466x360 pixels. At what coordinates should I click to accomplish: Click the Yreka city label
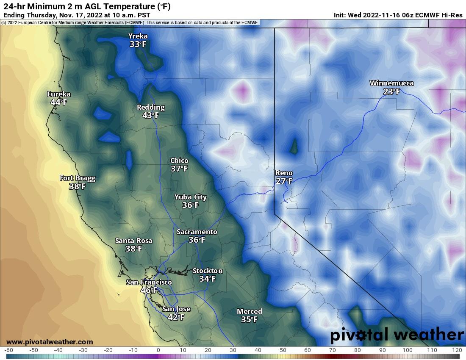pyautogui.click(x=139, y=36)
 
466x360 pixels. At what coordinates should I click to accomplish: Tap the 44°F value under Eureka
pyautogui.click(x=59, y=102)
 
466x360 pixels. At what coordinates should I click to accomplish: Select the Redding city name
pyautogui.click(x=151, y=107)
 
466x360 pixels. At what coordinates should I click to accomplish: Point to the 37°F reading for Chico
pyautogui.click(x=179, y=169)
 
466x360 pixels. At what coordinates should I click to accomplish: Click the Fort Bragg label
pyautogui.click(x=77, y=178)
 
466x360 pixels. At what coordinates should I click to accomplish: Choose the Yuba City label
pyautogui.click(x=191, y=197)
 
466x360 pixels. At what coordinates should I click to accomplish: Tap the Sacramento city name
pyautogui.click(x=197, y=232)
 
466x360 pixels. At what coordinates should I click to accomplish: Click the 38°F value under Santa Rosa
pyautogui.click(x=133, y=249)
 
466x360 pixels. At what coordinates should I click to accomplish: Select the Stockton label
pyautogui.click(x=207, y=271)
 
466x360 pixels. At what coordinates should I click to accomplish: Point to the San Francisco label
pyautogui.click(x=149, y=282)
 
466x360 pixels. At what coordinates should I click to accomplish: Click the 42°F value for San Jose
pyautogui.click(x=176, y=317)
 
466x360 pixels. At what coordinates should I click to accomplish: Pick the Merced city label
pyautogui.click(x=249, y=311)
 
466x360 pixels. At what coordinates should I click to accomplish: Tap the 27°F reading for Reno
pyautogui.click(x=284, y=181)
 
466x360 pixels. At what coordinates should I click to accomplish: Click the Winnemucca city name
pyautogui.click(x=391, y=83)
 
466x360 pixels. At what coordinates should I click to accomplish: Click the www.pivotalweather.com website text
pyautogui.click(x=50, y=342)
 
